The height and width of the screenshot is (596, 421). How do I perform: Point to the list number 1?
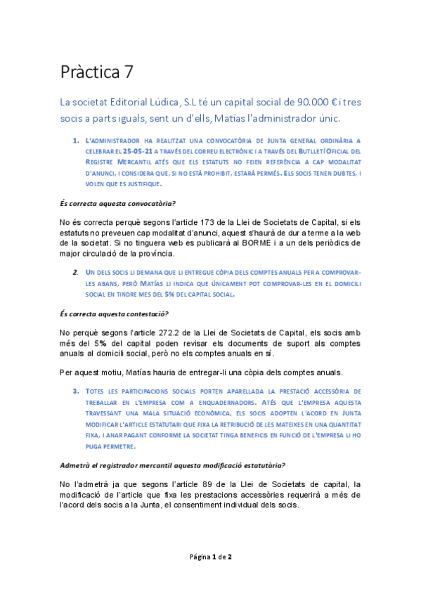click(75, 140)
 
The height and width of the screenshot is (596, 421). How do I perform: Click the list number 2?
click(75, 271)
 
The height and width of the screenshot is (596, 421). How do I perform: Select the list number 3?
click(75, 390)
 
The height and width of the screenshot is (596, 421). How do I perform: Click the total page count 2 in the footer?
click(230, 557)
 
